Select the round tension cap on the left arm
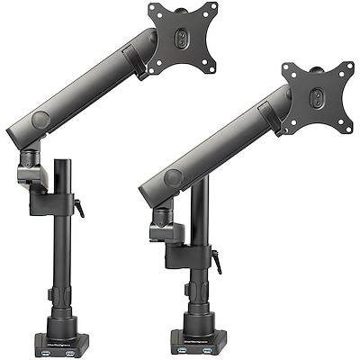pyautogui.click(x=40, y=119)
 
